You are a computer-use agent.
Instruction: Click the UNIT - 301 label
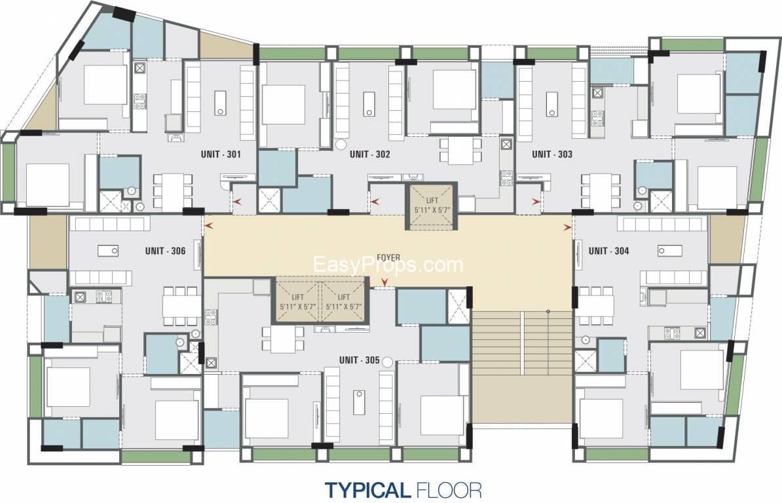click(221, 154)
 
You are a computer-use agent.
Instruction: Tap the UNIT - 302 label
click(369, 154)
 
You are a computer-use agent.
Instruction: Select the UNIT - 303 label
click(552, 154)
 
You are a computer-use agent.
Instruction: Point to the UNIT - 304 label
click(608, 251)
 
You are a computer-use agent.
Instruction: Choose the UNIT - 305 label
click(359, 360)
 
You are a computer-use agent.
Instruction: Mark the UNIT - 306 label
click(165, 251)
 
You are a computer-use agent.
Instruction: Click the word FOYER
click(388, 257)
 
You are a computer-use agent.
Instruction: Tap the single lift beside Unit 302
click(432, 206)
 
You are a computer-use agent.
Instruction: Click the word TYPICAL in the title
click(367, 489)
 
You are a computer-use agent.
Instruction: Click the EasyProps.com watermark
click(388, 265)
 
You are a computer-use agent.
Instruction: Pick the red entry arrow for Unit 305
click(384, 283)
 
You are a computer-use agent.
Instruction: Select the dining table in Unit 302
click(460, 151)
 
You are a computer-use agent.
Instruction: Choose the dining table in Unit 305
click(284, 339)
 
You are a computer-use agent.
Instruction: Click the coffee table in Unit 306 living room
click(107, 251)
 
